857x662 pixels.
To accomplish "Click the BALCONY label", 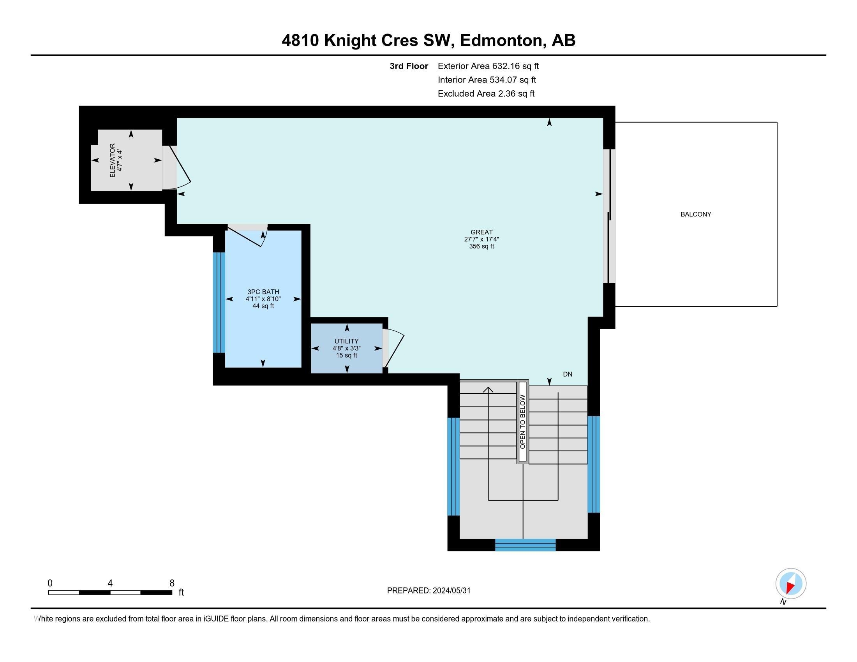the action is click(696, 214).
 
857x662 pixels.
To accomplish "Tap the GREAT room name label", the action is click(481, 232).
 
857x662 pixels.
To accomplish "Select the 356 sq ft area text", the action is click(481, 246).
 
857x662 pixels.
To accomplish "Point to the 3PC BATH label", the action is click(263, 292).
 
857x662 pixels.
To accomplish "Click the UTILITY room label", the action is click(346, 341).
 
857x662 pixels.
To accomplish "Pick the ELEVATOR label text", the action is click(112, 160).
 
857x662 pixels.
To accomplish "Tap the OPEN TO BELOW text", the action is click(522, 422).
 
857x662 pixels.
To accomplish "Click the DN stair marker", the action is click(568, 374).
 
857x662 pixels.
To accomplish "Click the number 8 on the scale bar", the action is click(172, 583).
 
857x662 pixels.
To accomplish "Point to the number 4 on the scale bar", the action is click(110, 583).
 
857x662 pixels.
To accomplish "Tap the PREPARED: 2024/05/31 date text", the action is click(428, 591).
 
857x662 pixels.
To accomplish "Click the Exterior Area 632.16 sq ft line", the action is click(488, 66).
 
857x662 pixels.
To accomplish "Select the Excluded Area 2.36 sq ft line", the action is click(486, 93).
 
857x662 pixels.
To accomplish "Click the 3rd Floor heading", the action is click(409, 66).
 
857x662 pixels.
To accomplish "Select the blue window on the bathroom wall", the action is click(219, 302).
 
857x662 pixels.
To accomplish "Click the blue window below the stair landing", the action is click(525, 545).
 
